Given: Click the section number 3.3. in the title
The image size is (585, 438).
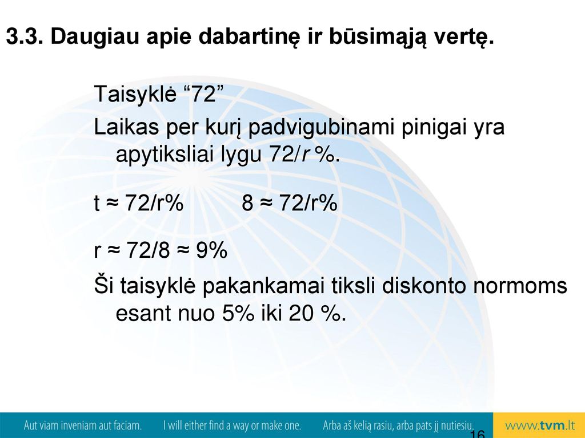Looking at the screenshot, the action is [x=25, y=36].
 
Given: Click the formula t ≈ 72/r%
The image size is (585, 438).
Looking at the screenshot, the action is [x=139, y=203].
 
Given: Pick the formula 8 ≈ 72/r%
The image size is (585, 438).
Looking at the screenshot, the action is [x=290, y=203].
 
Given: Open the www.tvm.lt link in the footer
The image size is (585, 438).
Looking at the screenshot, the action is [x=540, y=425].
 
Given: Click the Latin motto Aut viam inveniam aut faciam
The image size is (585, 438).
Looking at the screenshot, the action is [x=83, y=425].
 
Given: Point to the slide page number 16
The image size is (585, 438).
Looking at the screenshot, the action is [x=477, y=434].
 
